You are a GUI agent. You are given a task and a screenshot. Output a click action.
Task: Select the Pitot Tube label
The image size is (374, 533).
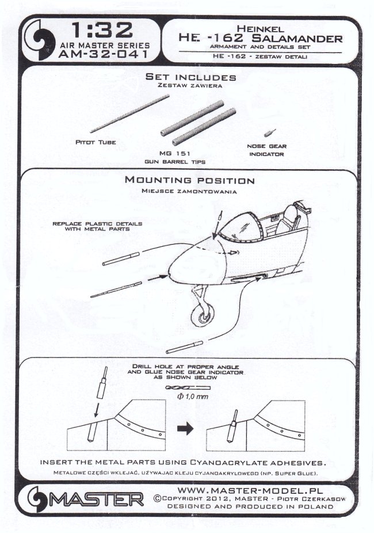pyautogui.click(x=96, y=142)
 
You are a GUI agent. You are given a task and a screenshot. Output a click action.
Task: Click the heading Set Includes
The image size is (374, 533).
pyautogui.click(x=190, y=77)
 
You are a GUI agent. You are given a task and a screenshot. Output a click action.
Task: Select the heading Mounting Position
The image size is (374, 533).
pyautogui.click(x=189, y=180)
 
